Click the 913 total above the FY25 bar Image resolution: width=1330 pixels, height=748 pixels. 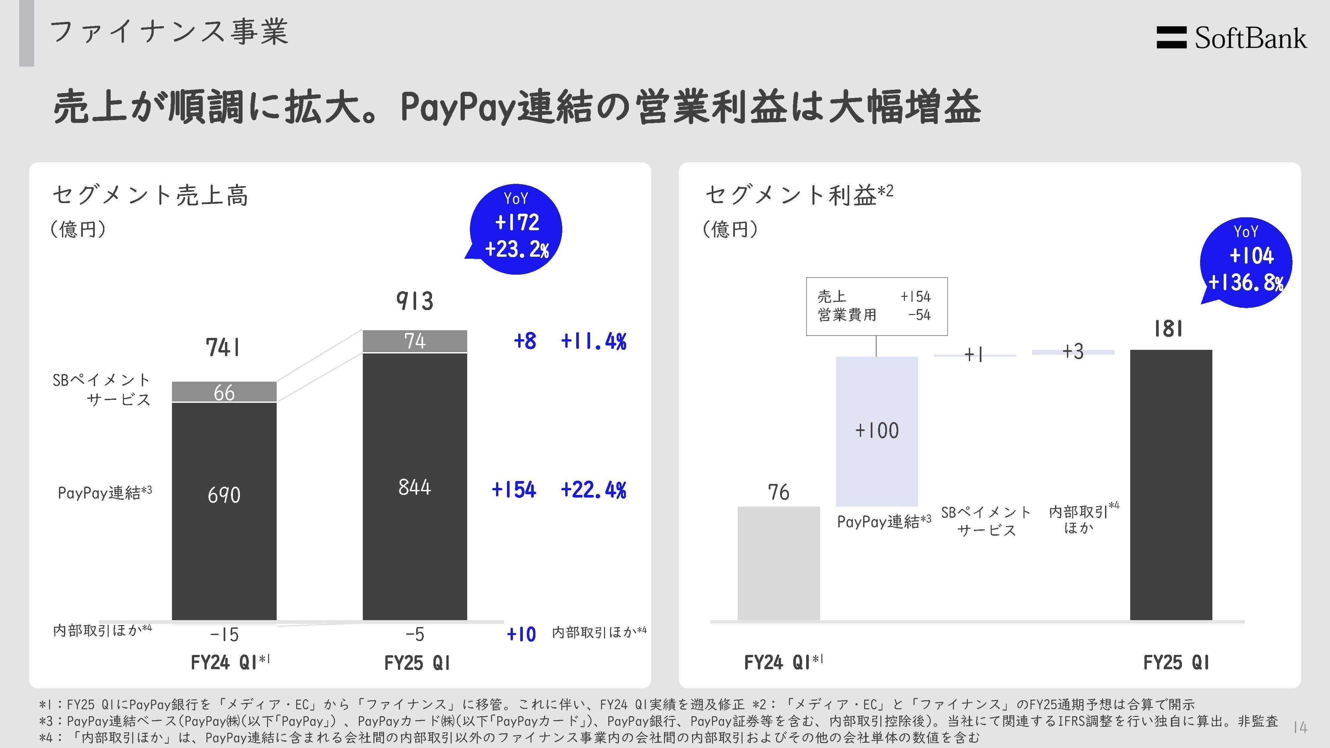(415, 300)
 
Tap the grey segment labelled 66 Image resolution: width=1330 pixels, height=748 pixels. (224, 392)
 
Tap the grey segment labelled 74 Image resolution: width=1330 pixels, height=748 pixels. (415, 341)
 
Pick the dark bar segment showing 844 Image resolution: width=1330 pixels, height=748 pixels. (415, 487)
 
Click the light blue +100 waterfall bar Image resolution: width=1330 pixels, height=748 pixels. (877, 431)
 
